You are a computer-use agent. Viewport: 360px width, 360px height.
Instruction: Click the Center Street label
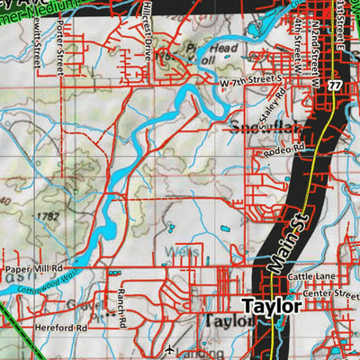[333, 293]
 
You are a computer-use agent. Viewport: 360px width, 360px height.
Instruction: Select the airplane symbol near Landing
[171, 347]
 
